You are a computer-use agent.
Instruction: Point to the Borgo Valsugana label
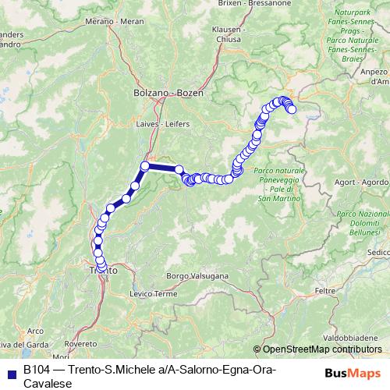pyautogui.click(x=197, y=276)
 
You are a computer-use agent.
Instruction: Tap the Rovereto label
pyautogui.click(x=80, y=343)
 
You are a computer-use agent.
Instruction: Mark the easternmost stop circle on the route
pyautogui.click(x=292, y=110)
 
